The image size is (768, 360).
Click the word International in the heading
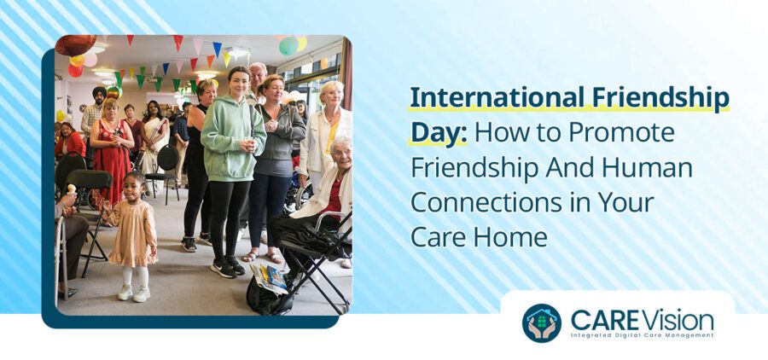click(x=492, y=99)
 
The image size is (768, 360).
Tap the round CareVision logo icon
click(x=541, y=323)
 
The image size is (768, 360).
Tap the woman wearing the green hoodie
click(x=231, y=162)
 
